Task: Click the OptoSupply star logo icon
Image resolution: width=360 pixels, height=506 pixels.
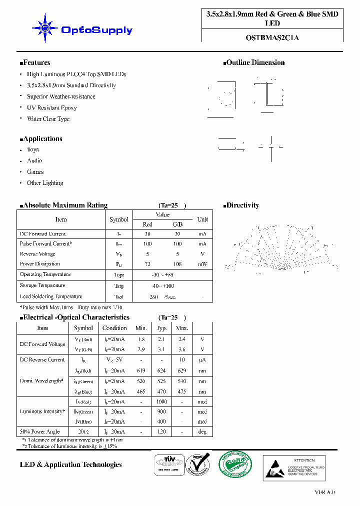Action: coord(44,29)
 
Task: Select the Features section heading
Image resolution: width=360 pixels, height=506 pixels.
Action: coord(35,62)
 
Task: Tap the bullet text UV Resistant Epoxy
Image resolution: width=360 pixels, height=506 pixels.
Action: coord(51,107)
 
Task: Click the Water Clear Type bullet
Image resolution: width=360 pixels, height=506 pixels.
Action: coord(48,119)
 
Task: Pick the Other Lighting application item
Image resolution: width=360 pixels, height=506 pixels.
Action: coord(45,183)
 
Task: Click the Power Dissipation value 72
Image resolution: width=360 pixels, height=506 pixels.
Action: coord(147,264)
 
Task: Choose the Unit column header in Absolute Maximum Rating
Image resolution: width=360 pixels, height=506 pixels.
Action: coord(202,219)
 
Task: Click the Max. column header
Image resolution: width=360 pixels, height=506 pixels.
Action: coord(182,328)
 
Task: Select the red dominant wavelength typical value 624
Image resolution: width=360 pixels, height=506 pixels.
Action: coord(161,371)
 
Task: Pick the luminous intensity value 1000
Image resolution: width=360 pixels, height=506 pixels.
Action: coord(161,402)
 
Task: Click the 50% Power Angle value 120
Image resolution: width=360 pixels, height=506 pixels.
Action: coord(161,432)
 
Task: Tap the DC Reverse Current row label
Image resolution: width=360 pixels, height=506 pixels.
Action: coord(42,359)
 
